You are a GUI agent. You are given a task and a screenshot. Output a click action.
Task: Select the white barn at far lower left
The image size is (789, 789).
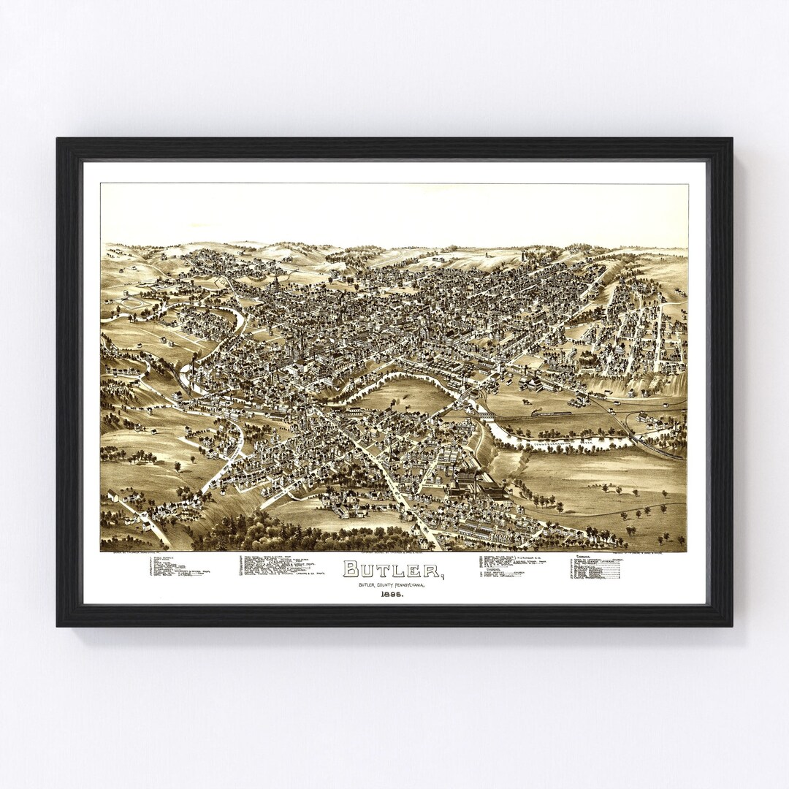tap(113, 496)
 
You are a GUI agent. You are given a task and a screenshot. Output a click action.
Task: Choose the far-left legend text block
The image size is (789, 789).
tap(178, 567)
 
